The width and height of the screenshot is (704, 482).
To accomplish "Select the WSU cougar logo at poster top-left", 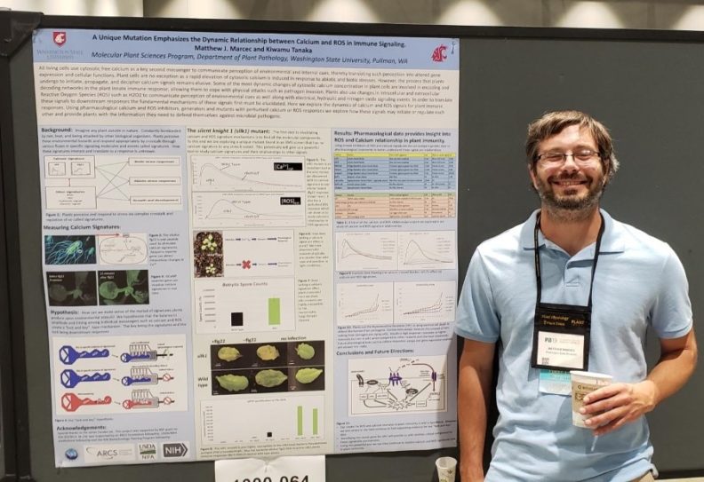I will pos(59,38).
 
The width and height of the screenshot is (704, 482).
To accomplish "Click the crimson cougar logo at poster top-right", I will pos(438,52).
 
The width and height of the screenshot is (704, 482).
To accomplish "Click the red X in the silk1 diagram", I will pos(245,265).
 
